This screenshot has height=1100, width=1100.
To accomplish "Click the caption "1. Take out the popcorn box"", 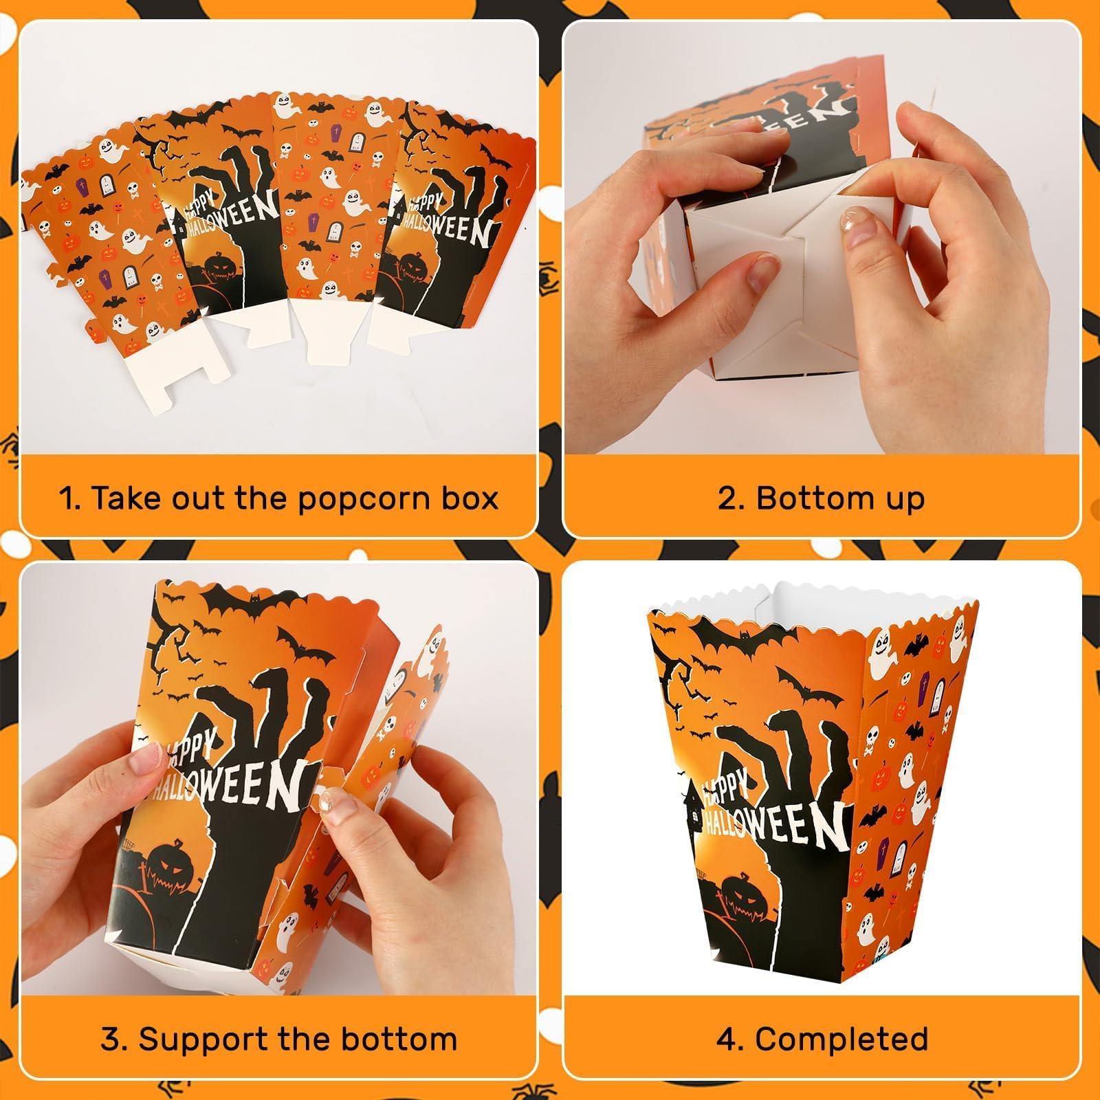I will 278,498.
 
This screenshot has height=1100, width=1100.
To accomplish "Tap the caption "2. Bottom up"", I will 821,498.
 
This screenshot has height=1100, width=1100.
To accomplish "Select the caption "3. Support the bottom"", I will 278,1039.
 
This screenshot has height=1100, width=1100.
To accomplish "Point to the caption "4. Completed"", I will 821,1039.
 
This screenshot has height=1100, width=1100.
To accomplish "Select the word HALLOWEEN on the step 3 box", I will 227,791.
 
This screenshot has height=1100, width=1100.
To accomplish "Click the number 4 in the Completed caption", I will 726,1039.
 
